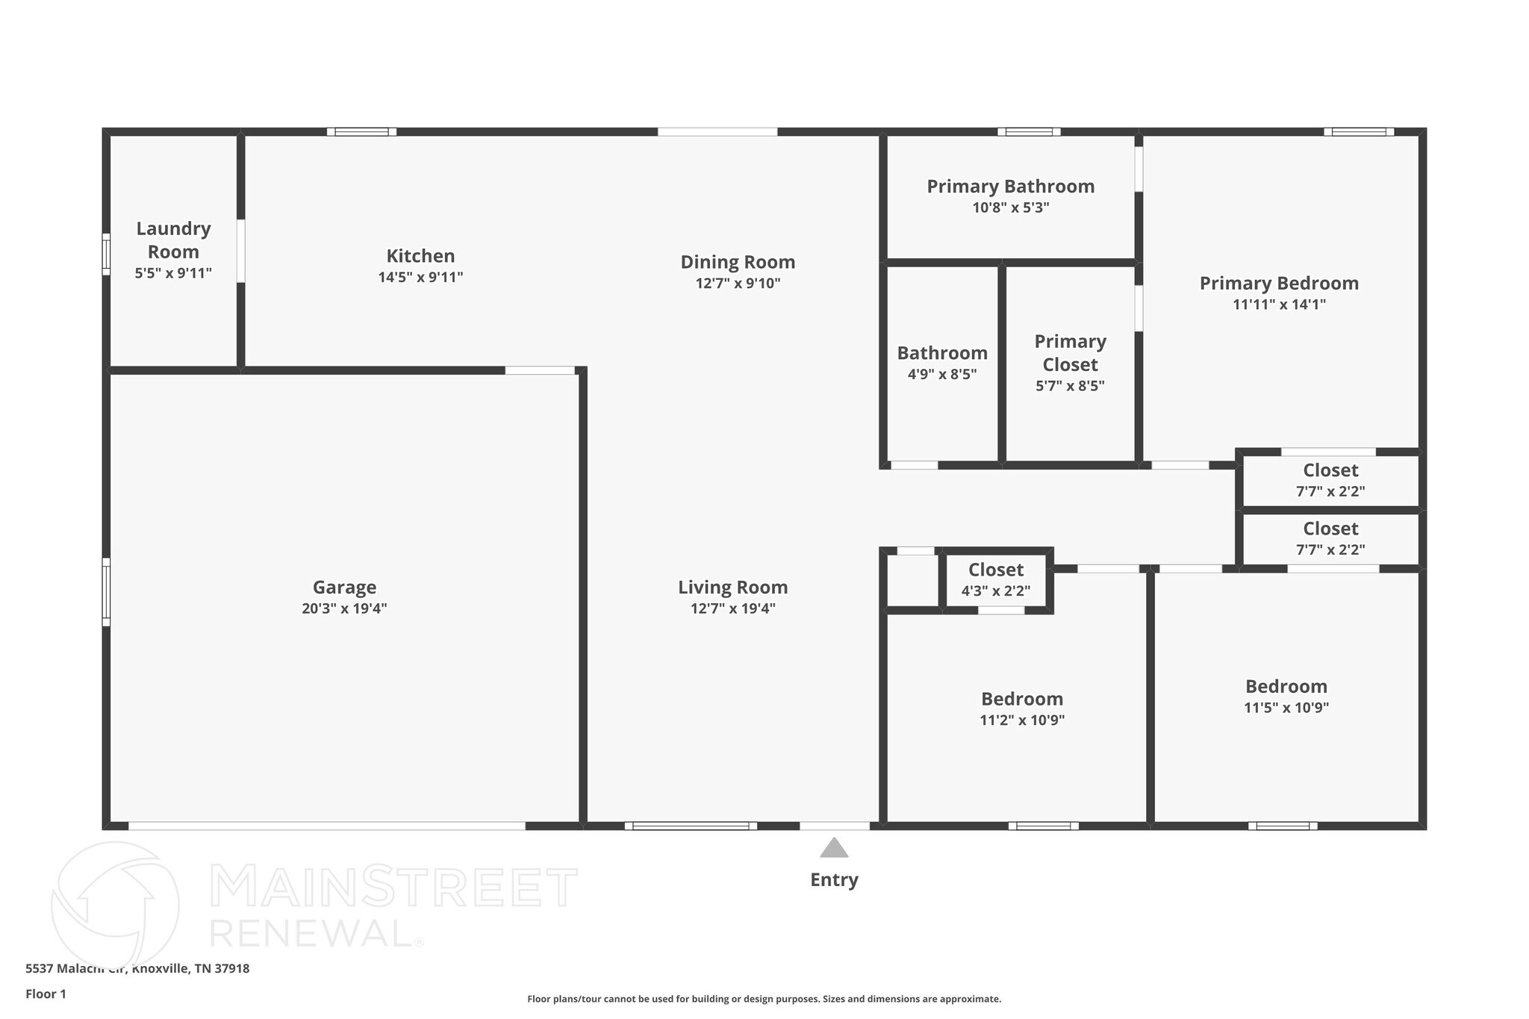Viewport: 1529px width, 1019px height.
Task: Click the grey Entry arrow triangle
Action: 834,848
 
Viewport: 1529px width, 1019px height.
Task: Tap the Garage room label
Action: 344,588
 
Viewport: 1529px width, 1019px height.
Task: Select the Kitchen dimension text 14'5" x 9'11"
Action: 420,278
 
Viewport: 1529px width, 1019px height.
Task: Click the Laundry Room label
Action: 173,240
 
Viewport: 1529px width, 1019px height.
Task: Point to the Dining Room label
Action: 738,262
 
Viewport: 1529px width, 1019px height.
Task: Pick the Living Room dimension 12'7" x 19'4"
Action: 732,608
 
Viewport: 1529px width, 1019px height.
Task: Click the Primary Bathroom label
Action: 1010,187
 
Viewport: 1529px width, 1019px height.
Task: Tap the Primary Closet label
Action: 1070,353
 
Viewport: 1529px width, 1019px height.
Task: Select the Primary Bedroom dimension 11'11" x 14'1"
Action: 1279,305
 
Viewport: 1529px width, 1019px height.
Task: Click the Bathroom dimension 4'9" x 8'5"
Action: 941,375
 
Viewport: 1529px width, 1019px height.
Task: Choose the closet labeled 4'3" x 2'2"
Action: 995,579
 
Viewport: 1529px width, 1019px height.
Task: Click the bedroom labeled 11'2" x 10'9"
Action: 1021,708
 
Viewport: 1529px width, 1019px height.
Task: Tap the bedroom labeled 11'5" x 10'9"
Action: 1286,696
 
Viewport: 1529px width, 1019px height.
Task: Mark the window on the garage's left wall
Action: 106,592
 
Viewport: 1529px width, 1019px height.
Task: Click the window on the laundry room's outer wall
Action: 106,254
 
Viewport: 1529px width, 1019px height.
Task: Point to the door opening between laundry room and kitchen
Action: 240,251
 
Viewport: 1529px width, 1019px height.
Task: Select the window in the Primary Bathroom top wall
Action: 1029,132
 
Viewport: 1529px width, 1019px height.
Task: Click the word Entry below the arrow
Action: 834,880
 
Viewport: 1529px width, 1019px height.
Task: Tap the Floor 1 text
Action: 46,994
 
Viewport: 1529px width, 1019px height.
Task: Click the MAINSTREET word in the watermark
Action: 393,888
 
